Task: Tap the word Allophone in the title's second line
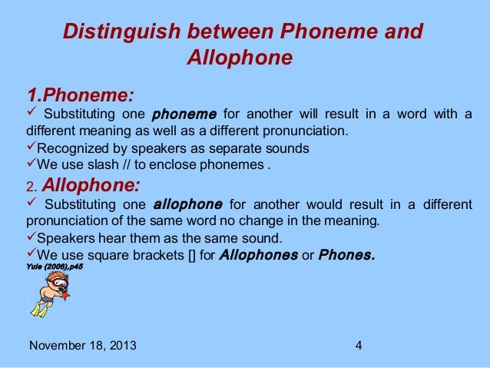239,58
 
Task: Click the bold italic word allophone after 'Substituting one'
188,205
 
